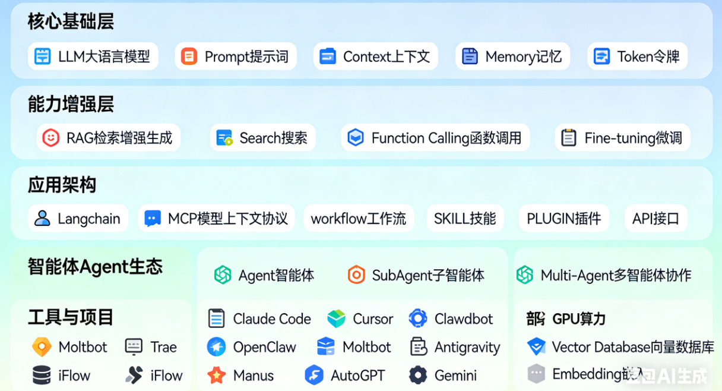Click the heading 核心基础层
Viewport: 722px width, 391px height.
click(x=71, y=22)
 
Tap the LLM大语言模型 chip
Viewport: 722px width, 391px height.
click(x=93, y=56)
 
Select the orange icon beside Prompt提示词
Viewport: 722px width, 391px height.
click(x=189, y=56)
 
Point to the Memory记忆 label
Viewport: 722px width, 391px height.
click(x=523, y=56)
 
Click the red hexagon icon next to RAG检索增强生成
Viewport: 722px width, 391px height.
click(x=51, y=138)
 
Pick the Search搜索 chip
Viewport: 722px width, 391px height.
click(x=262, y=138)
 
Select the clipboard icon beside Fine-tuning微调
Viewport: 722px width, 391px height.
click(x=569, y=138)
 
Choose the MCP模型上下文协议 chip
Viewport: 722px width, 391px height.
click(x=217, y=218)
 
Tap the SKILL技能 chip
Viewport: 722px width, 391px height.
click(x=465, y=218)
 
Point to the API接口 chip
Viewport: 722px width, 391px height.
click(x=655, y=218)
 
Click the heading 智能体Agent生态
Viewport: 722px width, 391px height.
click(x=95, y=267)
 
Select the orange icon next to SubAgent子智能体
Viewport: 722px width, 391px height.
click(x=356, y=275)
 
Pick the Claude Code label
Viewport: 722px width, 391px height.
click(x=272, y=319)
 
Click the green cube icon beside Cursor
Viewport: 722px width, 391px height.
click(x=336, y=319)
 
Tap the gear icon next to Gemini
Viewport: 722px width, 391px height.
click(x=418, y=376)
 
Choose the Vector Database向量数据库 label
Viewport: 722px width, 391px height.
click(x=632, y=347)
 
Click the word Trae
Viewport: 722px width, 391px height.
click(x=163, y=347)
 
